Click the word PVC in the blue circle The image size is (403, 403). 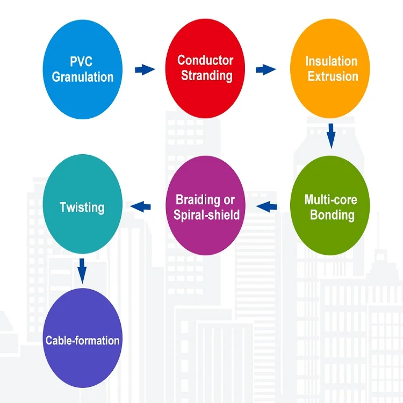pyautogui.click(x=82, y=62)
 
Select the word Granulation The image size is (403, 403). pyautogui.click(x=83, y=77)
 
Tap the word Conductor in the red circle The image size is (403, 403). pyautogui.click(x=205, y=60)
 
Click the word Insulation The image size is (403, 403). pyautogui.click(x=331, y=61)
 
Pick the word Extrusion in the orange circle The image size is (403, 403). pyautogui.click(x=333, y=76)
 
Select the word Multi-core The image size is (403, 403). pyautogui.click(x=330, y=200)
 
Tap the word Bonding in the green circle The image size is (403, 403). pyautogui.click(x=332, y=215)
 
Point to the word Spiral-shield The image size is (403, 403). pyautogui.click(x=206, y=215)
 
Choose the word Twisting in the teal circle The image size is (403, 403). pyautogui.click(x=82, y=207)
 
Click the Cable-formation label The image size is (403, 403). pyautogui.click(x=82, y=340)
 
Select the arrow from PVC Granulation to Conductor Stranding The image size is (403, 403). pyautogui.click(x=144, y=69)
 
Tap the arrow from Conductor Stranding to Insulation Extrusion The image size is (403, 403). pyautogui.click(x=265, y=69)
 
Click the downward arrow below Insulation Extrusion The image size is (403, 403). pyautogui.click(x=331, y=135)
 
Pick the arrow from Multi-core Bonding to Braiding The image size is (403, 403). pyautogui.click(x=267, y=206)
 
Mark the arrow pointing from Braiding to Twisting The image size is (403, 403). pyautogui.click(x=141, y=205)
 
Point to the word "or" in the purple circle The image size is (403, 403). pyautogui.click(x=229, y=200)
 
